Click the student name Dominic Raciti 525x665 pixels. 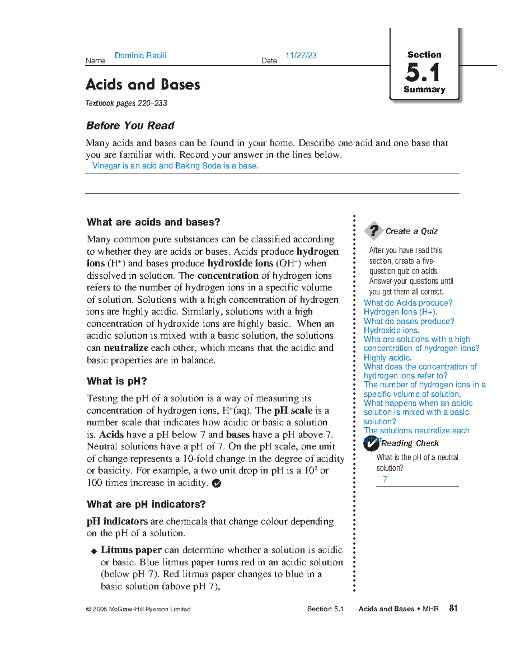[140, 56]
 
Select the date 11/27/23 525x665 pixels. [301, 56]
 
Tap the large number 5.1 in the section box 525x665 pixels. [423, 73]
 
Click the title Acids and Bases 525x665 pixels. [143, 84]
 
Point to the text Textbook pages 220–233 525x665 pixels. [126, 103]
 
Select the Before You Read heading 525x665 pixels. [130, 126]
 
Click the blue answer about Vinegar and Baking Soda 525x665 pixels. [175, 166]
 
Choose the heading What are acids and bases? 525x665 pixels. [153, 222]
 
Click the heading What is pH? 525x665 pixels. [116, 381]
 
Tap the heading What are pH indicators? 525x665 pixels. [146, 504]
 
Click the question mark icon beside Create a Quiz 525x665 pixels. [374, 230]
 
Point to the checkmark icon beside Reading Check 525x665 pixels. [371, 444]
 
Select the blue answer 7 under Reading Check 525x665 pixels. [385, 479]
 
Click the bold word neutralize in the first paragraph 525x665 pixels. [126, 348]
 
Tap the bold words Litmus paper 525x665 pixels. [131, 550]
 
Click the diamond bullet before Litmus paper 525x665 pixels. [94, 551]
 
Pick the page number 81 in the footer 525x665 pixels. [453, 608]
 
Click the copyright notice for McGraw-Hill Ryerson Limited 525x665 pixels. [138, 609]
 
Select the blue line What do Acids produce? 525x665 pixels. [408, 303]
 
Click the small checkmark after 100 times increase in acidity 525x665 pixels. [216, 483]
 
